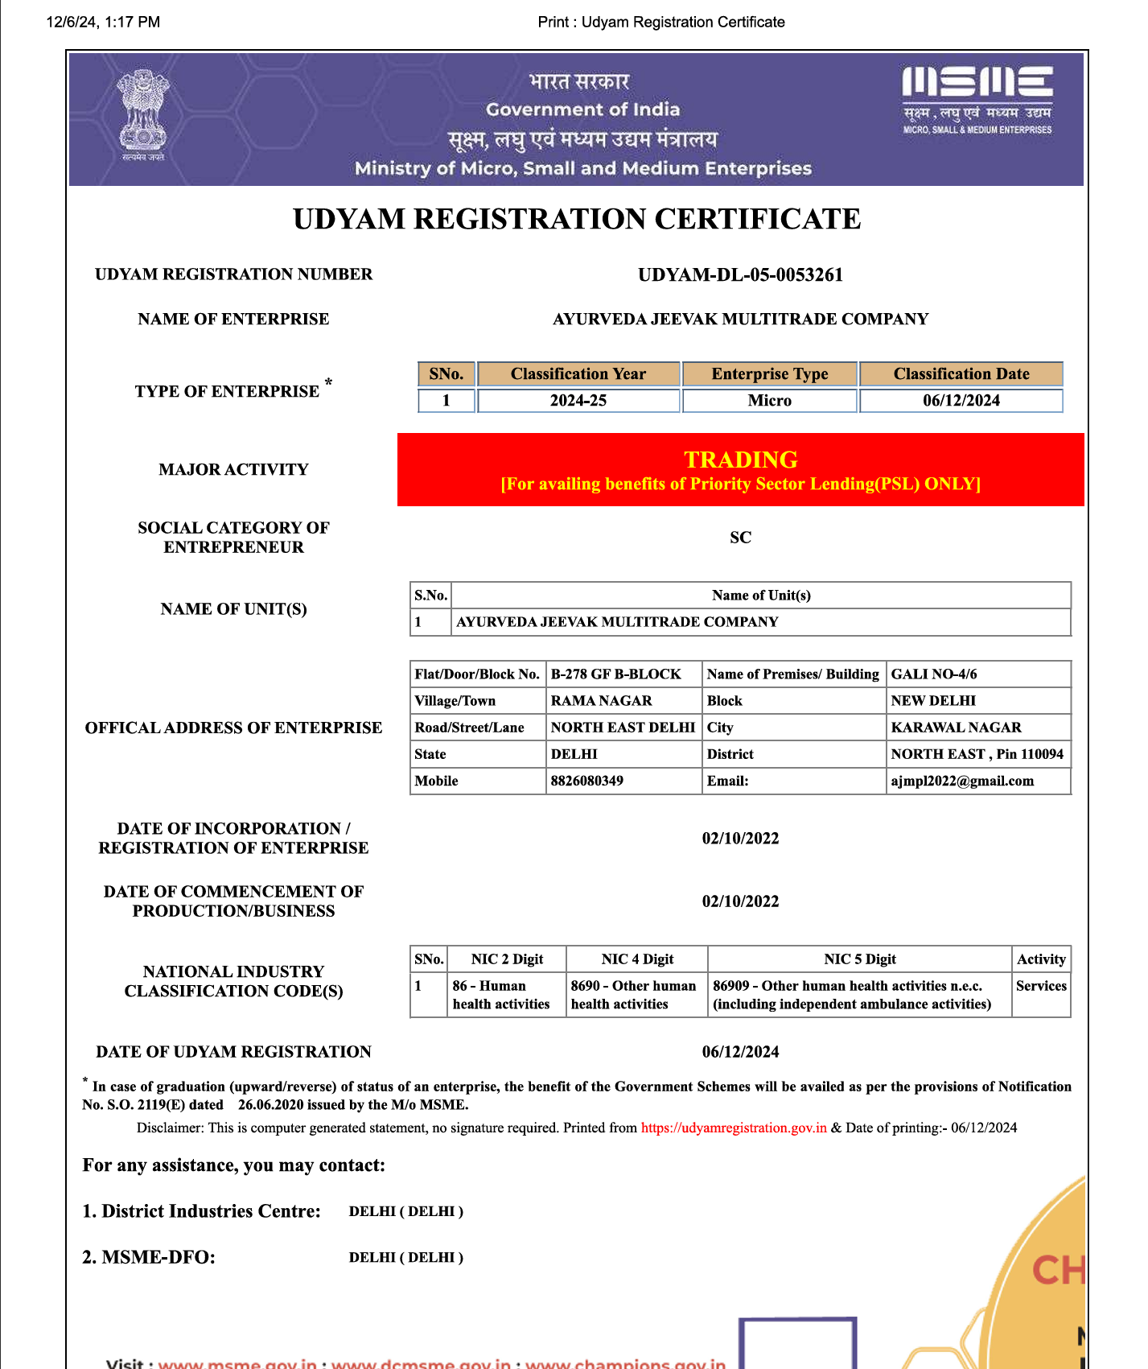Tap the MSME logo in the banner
click(977, 99)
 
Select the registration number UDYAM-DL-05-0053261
click(740, 275)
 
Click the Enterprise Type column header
click(769, 374)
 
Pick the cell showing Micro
click(769, 401)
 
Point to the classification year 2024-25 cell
click(578, 401)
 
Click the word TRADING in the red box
click(740, 460)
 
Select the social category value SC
click(740, 538)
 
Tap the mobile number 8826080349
click(586, 781)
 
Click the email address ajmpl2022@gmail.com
click(962, 781)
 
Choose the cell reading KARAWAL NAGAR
click(956, 728)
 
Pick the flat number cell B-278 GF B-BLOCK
click(615, 674)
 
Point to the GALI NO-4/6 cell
click(934, 674)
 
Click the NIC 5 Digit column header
click(859, 959)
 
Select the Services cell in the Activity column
click(1041, 986)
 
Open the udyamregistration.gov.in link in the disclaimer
click(734, 1128)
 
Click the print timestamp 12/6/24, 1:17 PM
click(103, 22)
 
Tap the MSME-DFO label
click(149, 1257)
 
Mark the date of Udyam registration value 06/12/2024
click(740, 1052)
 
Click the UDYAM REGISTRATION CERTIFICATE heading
click(577, 220)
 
